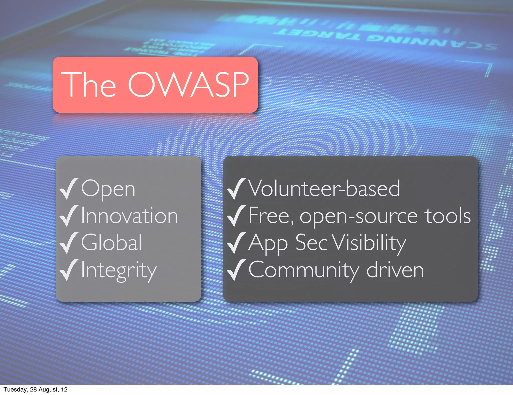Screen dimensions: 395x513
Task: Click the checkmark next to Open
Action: [x=68, y=189]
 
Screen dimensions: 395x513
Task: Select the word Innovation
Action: [x=130, y=216]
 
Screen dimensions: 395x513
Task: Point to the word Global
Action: [x=112, y=242]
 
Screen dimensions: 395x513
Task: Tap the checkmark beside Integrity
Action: [x=68, y=270]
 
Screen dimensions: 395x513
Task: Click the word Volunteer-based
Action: [x=324, y=188]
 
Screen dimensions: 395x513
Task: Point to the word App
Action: [x=268, y=244]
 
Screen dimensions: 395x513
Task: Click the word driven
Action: [x=395, y=270]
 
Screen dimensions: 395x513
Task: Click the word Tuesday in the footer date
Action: [x=15, y=389]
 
